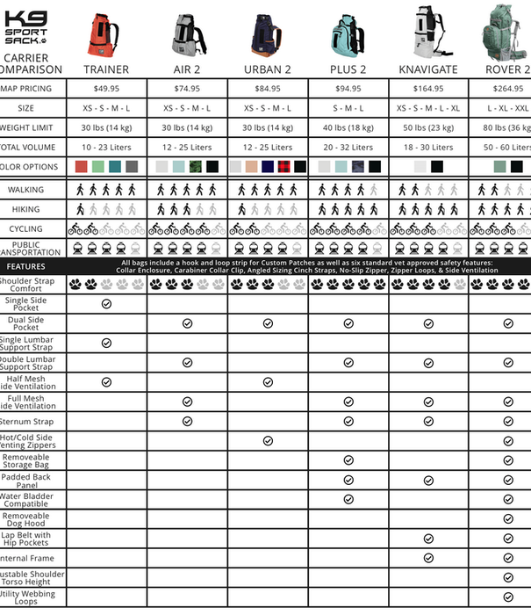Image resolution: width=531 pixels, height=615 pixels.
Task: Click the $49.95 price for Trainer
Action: tap(106, 89)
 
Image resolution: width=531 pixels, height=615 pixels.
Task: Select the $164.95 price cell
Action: tap(429, 89)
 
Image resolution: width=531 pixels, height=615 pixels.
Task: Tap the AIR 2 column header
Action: tap(187, 69)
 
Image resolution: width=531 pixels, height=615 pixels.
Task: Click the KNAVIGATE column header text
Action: tap(429, 69)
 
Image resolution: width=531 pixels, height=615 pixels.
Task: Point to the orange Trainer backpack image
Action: tap(107, 32)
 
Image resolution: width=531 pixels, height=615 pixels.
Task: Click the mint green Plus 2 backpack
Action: tap(349, 32)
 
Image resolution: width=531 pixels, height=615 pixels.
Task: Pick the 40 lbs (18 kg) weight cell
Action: tap(348, 127)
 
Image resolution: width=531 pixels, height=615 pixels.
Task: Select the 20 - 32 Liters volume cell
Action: tap(348, 148)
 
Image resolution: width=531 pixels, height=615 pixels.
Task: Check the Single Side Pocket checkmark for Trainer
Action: tap(106, 303)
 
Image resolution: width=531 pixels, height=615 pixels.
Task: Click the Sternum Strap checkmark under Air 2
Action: tap(187, 421)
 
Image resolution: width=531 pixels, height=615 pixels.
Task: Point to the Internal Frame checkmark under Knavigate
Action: tap(429, 558)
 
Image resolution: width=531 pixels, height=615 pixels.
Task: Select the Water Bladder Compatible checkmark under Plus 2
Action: tap(348, 499)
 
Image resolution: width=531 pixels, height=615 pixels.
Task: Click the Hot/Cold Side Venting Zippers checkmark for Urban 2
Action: tap(268, 441)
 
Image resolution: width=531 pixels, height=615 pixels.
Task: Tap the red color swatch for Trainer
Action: tap(82, 166)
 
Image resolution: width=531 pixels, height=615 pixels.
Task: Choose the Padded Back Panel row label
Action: tap(27, 480)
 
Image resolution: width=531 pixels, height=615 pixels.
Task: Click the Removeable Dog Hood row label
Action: tap(27, 518)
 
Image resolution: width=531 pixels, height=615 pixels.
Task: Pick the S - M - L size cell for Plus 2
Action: tap(348, 108)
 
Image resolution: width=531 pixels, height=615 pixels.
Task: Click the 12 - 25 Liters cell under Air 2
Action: tap(187, 148)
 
